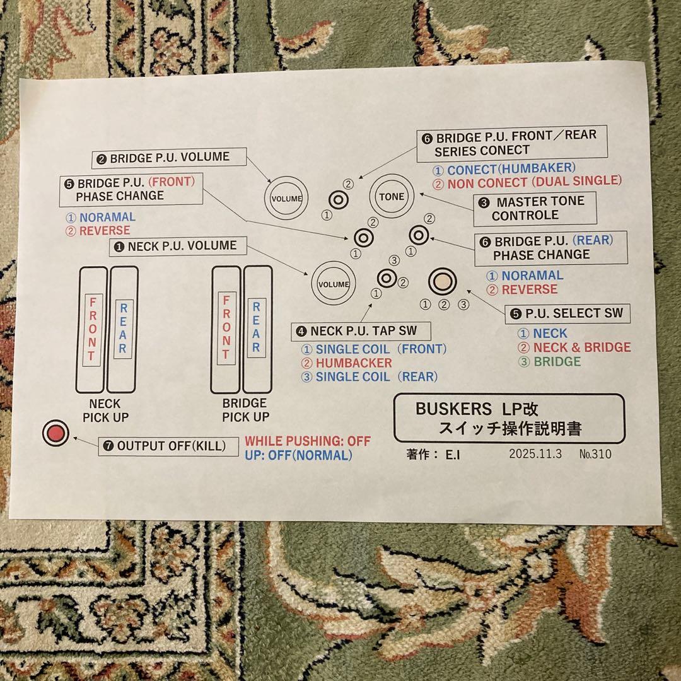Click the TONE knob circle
click(x=392, y=196)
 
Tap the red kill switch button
click(x=56, y=433)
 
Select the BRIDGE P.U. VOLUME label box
click(x=169, y=158)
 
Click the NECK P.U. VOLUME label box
click(x=178, y=247)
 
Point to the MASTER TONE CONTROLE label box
click(x=535, y=209)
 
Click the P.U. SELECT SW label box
click(x=567, y=313)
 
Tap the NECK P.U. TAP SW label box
click(x=361, y=331)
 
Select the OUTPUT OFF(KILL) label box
click(x=168, y=446)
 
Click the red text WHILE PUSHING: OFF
click(x=308, y=441)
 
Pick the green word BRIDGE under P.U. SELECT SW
click(x=557, y=361)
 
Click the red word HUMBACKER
click(x=354, y=363)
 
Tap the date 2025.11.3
click(x=535, y=454)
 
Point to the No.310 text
click(x=595, y=454)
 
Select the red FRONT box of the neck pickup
click(x=92, y=330)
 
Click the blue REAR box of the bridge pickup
click(x=256, y=327)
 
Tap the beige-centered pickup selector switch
click(x=442, y=281)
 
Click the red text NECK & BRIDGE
click(x=581, y=347)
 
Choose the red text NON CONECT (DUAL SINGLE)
click(x=535, y=182)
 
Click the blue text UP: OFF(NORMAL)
click(x=298, y=455)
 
